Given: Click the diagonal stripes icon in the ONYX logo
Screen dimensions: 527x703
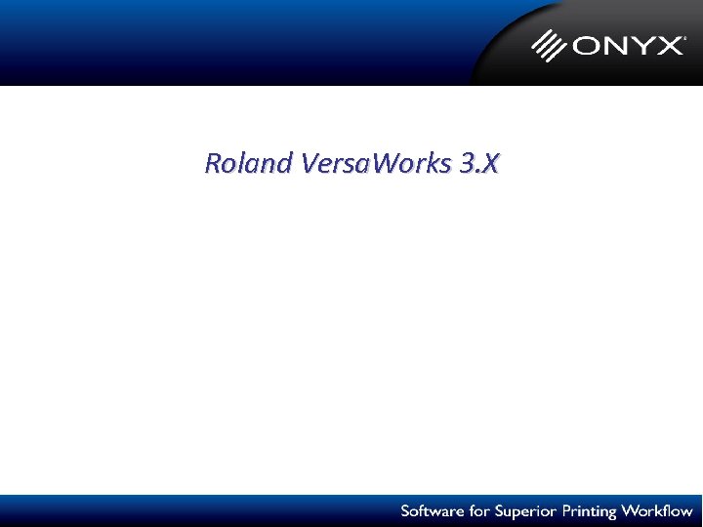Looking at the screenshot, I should (549, 45).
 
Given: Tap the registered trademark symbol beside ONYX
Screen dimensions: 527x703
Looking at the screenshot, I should (684, 36).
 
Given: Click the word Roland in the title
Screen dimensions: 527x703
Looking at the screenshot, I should (248, 163).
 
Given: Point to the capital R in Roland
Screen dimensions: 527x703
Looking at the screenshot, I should (213, 163).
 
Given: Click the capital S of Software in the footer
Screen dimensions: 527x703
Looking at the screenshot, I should (405, 511).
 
